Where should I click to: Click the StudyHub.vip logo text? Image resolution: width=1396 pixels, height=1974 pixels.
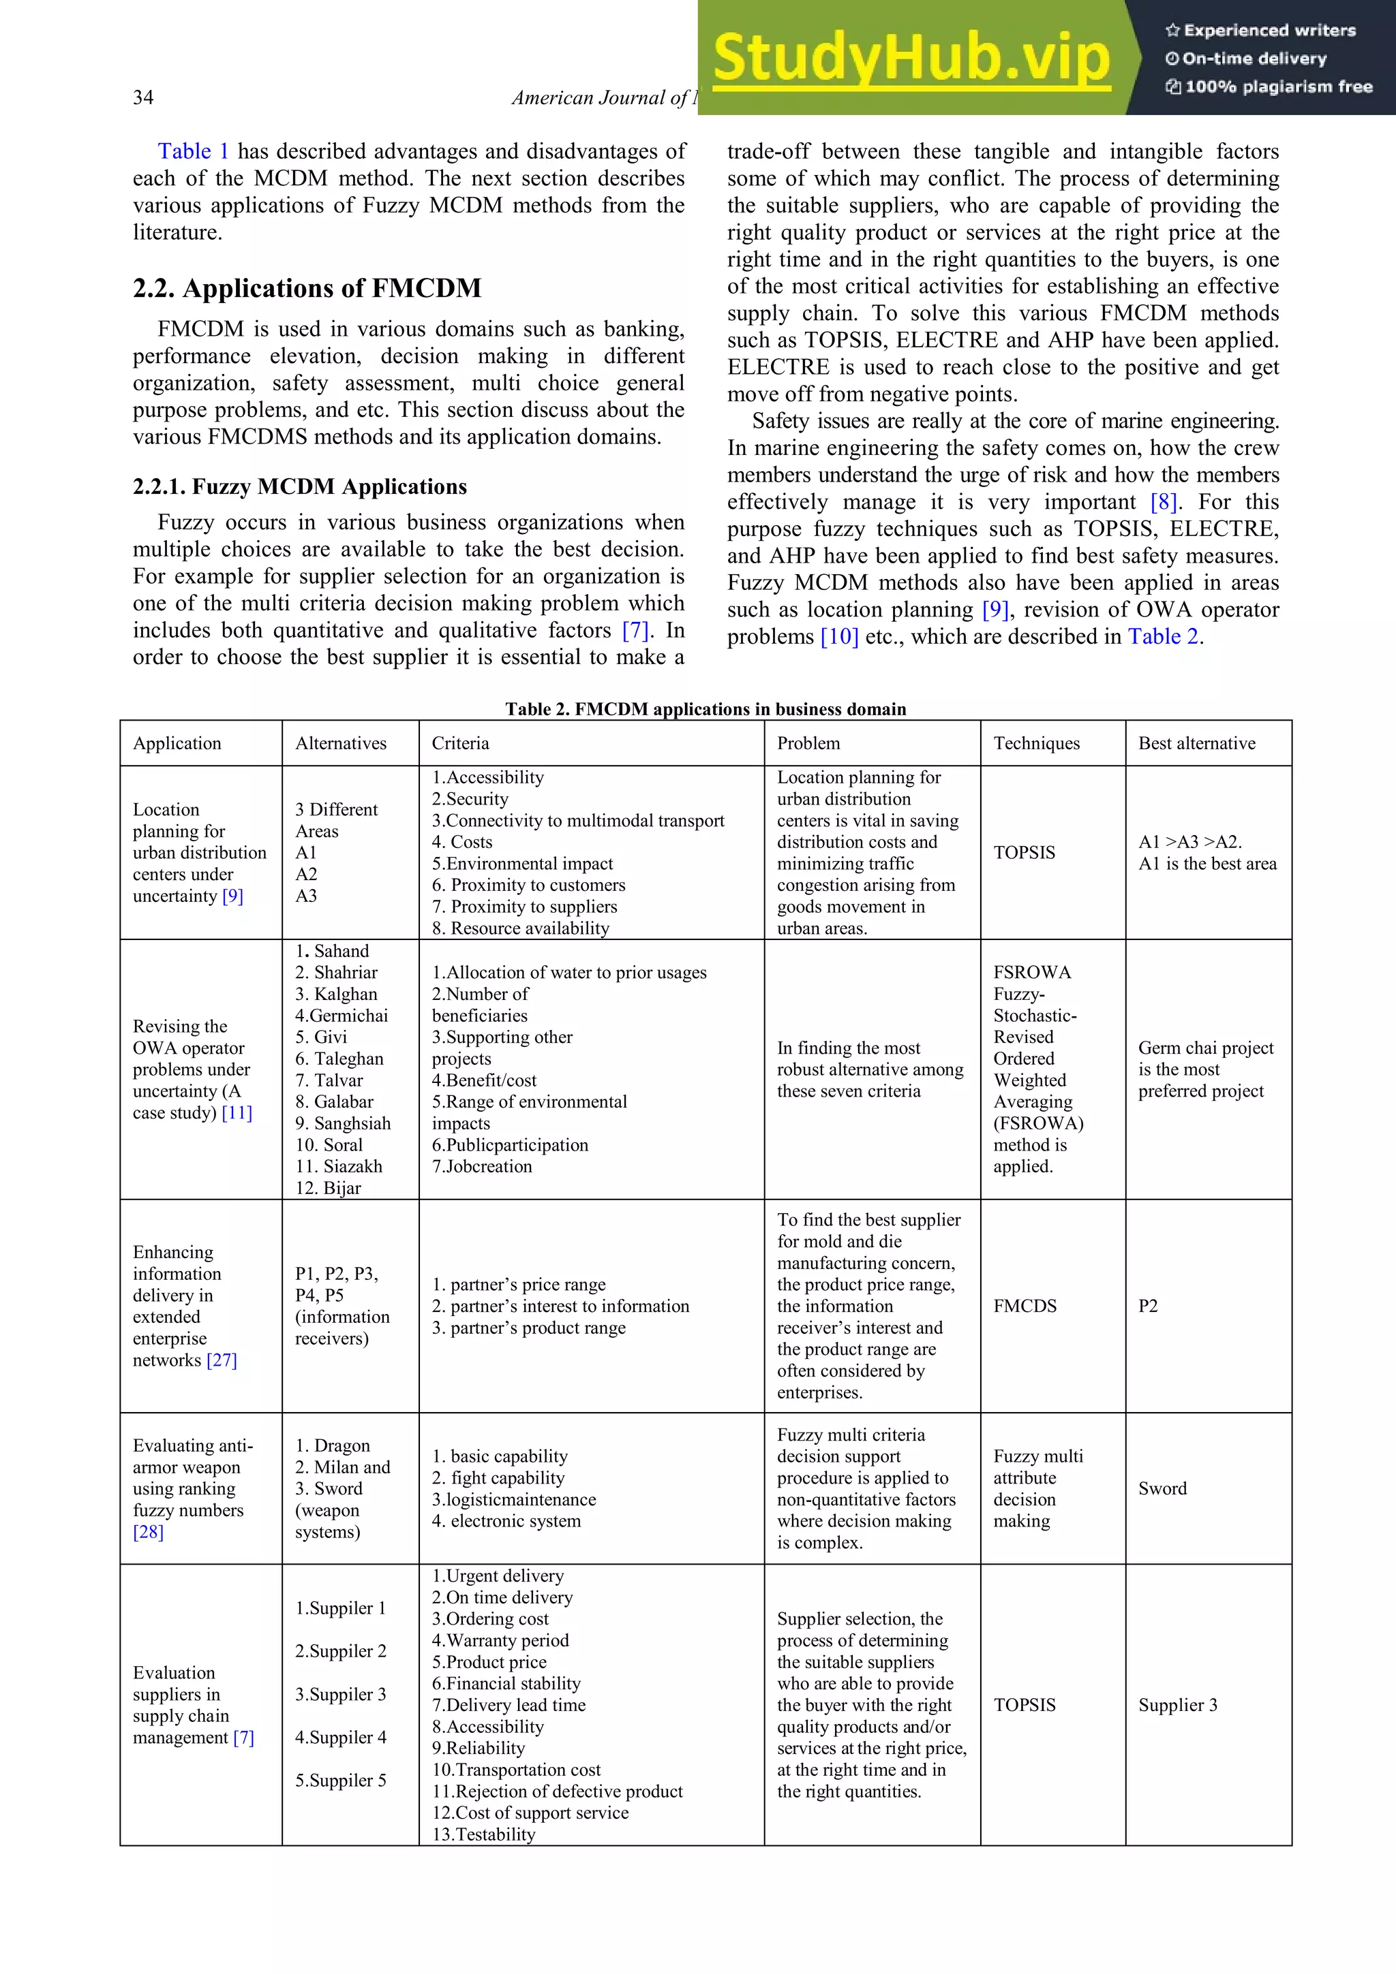[x=911, y=59]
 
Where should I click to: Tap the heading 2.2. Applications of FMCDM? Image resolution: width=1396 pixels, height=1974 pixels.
[x=307, y=288]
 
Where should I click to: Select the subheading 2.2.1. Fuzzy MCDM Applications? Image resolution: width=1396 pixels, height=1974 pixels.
[x=299, y=486]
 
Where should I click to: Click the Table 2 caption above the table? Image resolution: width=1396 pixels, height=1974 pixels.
[x=705, y=708]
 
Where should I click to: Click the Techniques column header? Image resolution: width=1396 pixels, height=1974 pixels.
[x=1037, y=743]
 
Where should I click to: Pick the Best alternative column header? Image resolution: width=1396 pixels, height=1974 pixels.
[x=1196, y=743]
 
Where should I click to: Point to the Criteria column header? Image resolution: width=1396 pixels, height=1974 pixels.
[x=460, y=743]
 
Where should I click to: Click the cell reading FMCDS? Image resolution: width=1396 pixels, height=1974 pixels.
[x=1025, y=1306]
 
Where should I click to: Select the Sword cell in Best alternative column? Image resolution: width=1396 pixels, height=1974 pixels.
[x=1162, y=1488]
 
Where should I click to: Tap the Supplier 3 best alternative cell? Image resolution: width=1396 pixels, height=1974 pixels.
[x=1177, y=1705]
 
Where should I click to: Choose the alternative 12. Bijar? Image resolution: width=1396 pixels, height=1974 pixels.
[x=328, y=1187]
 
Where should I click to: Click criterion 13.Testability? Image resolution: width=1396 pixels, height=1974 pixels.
[x=483, y=1834]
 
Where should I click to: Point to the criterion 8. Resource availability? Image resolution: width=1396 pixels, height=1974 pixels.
[x=520, y=928]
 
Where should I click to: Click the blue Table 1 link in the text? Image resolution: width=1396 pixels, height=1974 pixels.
[x=193, y=151]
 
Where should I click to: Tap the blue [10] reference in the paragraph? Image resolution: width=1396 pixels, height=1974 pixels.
[x=840, y=637]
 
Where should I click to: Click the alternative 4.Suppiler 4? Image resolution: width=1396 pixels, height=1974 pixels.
[x=341, y=1737]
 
